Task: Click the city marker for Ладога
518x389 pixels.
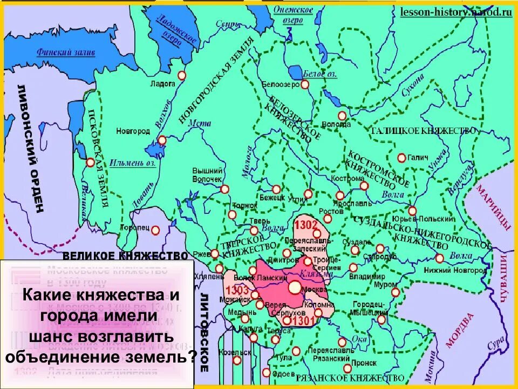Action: [x=182, y=76]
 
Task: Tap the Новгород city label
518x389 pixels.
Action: [x=133, y=131]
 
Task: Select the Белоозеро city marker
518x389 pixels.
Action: [x=305, y=84]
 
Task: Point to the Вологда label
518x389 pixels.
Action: [x=336, y=124]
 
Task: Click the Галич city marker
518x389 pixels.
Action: [x=401, y=158]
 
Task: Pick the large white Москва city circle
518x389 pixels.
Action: [x=295, y=287]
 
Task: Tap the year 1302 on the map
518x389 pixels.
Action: [x=306, y=224]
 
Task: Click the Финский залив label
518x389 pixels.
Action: [x=66, y=52]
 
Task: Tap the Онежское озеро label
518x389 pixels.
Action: [x=293, y=14]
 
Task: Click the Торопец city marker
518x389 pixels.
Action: [x=155, y=230]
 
